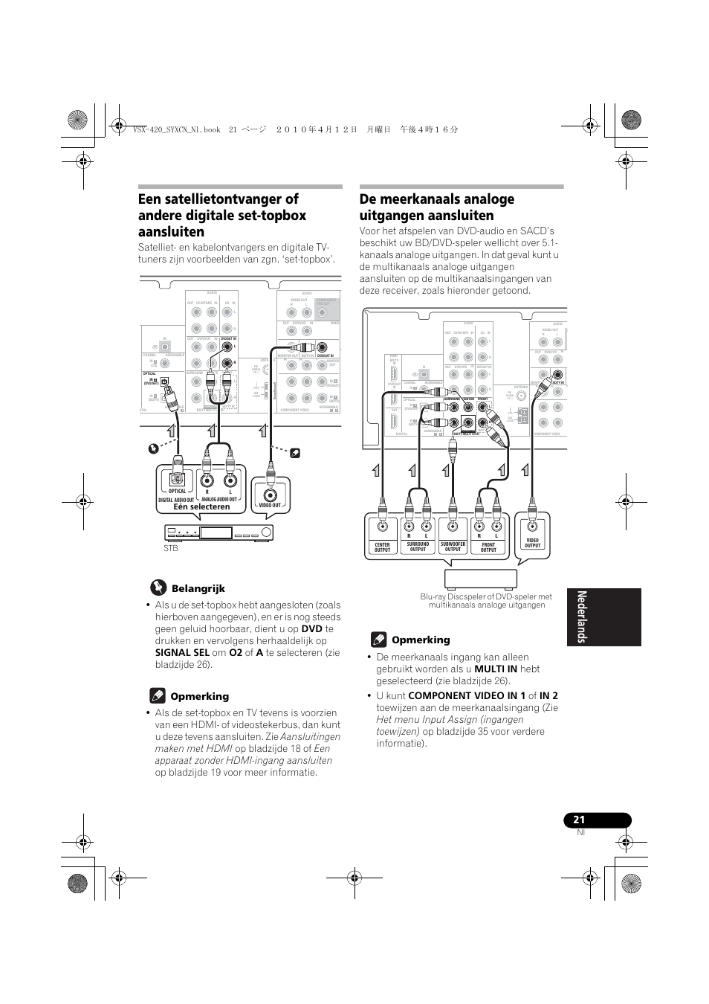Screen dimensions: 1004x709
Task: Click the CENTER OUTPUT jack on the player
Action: (382, 528)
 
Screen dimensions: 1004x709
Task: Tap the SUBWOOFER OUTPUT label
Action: (453, 547)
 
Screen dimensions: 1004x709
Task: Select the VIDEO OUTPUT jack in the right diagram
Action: (532, 527)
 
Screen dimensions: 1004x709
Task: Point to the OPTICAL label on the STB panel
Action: (177, 492)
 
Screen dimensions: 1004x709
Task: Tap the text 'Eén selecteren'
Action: (202, 507)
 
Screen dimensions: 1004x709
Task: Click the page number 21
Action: (579, 820)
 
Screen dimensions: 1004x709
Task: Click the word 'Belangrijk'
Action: (198, 588)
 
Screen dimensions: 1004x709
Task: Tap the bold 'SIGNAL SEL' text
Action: (182, 653)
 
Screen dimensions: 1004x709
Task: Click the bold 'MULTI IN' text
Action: (496, 669)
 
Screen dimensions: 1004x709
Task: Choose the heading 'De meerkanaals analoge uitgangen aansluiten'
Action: (437, 207)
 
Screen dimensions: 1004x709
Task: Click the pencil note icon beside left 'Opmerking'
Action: (157, 696)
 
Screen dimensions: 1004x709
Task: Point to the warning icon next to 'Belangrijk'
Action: (158, 588)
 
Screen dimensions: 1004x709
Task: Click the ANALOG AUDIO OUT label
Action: (218, 500)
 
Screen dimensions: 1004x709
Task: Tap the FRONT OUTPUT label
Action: (488, 547)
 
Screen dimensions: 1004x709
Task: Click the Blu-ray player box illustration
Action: (480, 579)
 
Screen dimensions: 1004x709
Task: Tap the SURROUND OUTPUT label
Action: (418, 547)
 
